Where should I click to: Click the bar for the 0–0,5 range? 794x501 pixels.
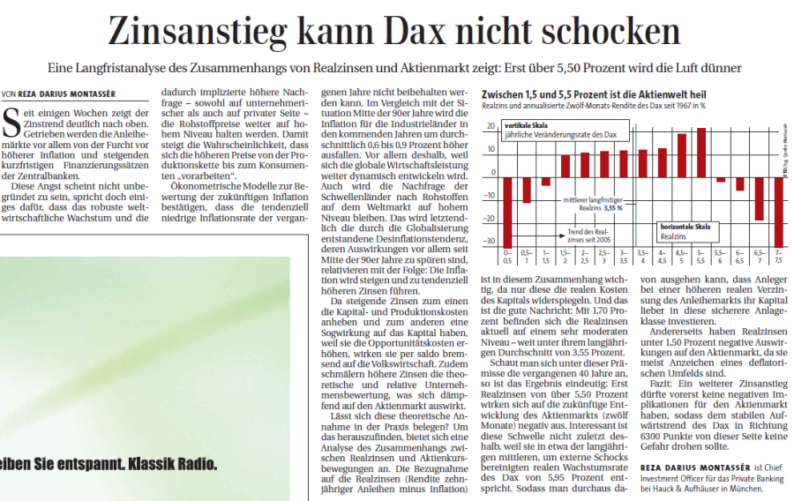[x=507, y=213]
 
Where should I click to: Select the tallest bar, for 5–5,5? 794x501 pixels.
[x=701, y=153]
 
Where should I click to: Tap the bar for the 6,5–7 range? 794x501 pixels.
[x=759, y=199]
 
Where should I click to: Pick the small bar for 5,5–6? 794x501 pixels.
[x=721, y=180]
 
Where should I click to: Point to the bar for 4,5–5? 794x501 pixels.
[x=682, y=155]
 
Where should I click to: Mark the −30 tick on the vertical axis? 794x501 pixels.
[x=491, y=241]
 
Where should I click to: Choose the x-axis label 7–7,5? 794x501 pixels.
[x=778, y=258]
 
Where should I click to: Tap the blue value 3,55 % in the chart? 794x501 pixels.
[x=613, y=207]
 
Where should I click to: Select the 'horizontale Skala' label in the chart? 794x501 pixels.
[x=685, y=227]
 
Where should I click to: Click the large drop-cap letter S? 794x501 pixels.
[x=11, y=120]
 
